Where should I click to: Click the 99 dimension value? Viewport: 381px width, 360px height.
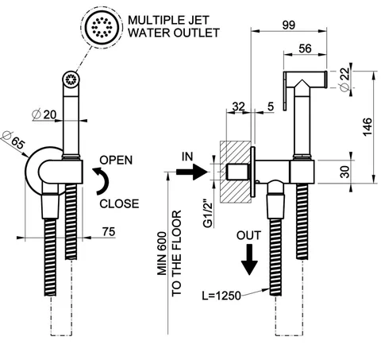[288, 25]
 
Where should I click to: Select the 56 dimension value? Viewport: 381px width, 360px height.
[305, 48]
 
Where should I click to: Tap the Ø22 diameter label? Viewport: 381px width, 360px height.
[344, 79]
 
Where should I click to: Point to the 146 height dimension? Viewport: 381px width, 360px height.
[368, 127]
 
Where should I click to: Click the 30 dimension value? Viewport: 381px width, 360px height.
[345, 172]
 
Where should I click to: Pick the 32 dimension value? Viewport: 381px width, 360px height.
[238, 106]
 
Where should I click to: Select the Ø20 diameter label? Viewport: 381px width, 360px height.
[44, 114]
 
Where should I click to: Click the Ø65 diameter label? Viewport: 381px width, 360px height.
[13, 140]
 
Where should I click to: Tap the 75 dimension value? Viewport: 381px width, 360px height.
[109, 231]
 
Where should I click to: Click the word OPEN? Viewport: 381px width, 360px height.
[116, 161]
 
